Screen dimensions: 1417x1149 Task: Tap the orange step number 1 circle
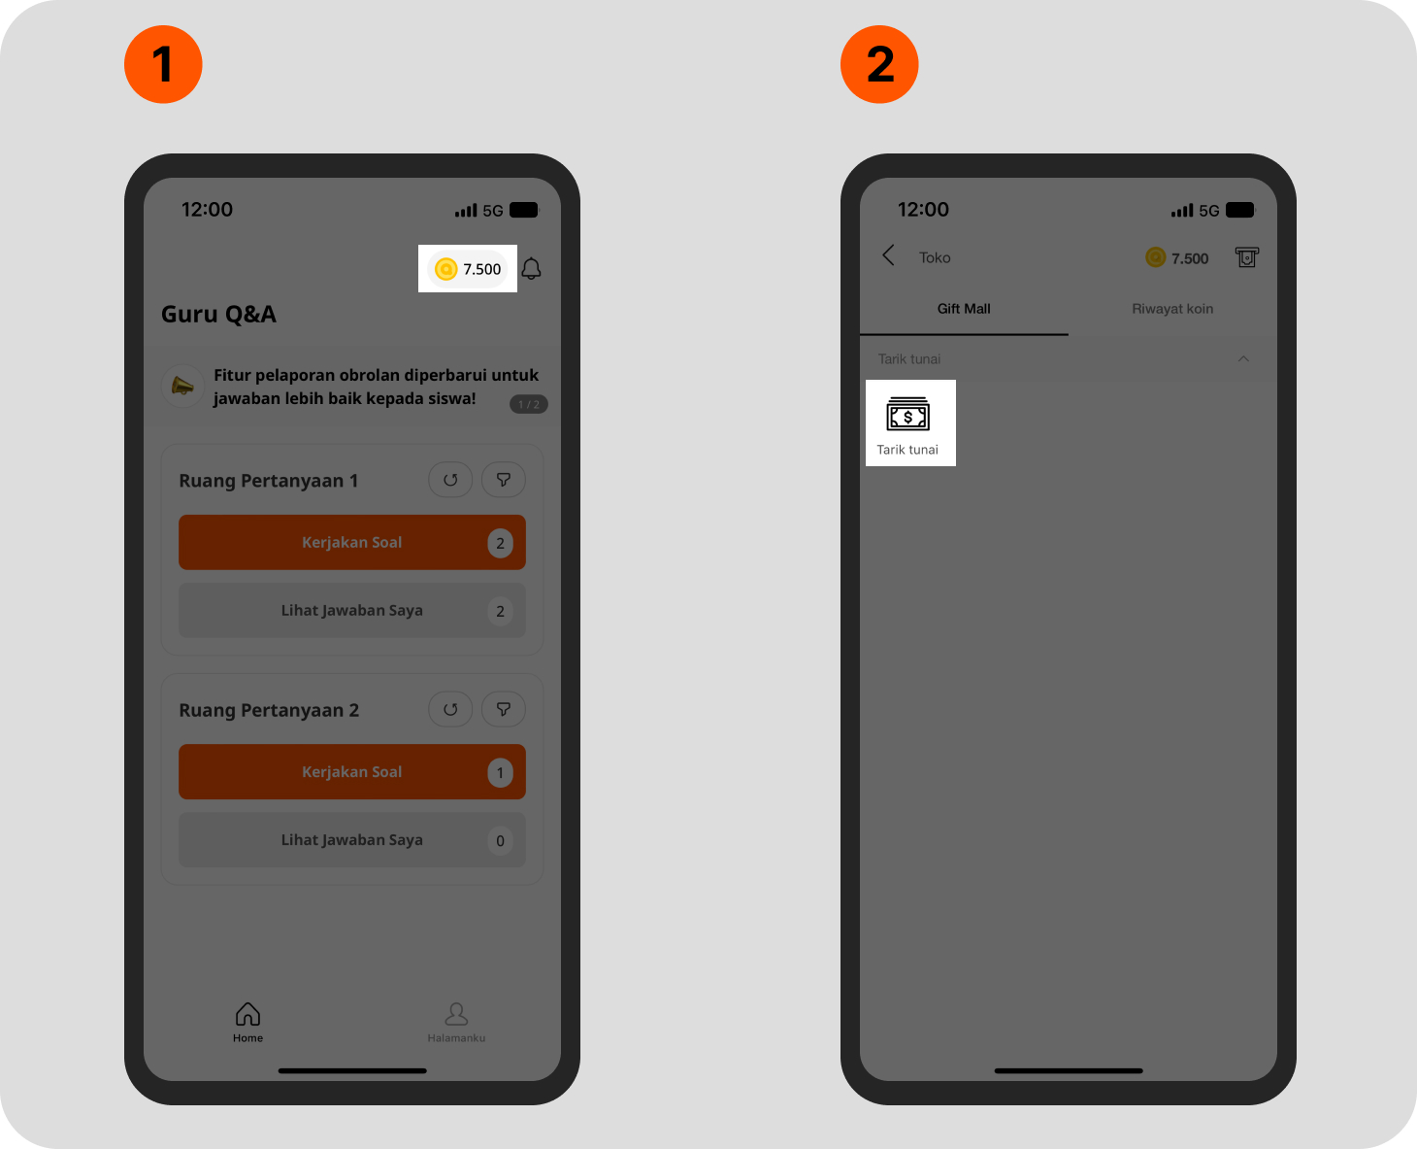[x=163, y=64]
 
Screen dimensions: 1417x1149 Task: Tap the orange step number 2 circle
[x=879, y=64]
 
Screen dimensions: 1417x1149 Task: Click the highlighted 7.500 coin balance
[x=468, y=269]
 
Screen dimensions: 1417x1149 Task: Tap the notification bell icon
[x=531, y=269]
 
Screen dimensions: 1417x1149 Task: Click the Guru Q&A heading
[x=218, y=315]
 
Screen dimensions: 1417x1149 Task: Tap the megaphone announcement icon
[x=182, y=386]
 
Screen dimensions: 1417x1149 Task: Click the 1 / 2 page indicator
[x=529, y=404]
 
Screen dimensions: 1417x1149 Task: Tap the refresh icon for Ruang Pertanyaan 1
[x=450, y=480]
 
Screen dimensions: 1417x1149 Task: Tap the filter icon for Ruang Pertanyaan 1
[x=504, y=480]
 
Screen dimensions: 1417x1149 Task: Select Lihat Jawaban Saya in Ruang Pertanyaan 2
[x=352, y=839]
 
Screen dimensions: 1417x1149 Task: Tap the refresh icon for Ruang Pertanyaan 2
[x=450, y=710]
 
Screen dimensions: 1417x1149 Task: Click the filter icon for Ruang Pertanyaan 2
[x=504, y=710]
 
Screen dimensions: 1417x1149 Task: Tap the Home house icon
[x=247, y=1015]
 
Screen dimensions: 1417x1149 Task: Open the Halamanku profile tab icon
[x=456, y=1015]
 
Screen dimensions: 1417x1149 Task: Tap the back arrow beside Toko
[x=888, y=255]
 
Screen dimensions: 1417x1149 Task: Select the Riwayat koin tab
[x=1172, y=309]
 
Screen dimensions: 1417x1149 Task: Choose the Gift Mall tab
[x=964, y=309]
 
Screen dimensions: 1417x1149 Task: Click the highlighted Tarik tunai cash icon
[x=908, y=414]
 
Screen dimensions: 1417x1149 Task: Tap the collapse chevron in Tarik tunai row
[x=1243, y=358]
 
